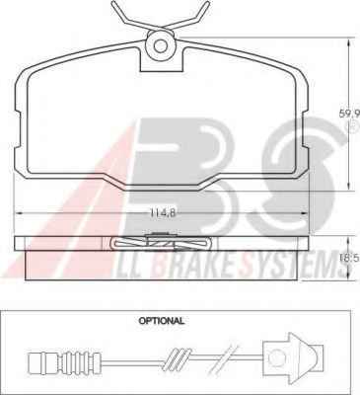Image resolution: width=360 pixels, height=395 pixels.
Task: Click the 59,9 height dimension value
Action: click(x=349, y=114)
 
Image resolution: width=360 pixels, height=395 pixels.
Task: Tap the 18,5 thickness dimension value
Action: click(x=350, y=257)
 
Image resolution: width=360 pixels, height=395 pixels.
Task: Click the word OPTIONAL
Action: click(x=162, y=320)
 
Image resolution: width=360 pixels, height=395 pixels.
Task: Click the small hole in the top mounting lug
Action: click(x=161, y=45)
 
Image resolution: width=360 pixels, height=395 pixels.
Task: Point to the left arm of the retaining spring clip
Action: click(x=130, y=16)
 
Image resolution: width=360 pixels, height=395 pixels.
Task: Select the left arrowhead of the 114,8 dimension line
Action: click(x=19, y=213)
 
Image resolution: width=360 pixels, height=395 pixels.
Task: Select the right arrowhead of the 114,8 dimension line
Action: click(x=305, y=213)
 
